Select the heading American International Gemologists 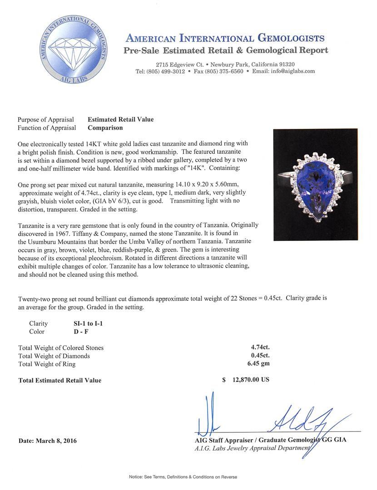(x=225, y=38)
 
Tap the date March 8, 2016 (x=48, y=441)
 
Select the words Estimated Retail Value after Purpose (x=120, y=119)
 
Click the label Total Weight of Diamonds (x=54, y=356)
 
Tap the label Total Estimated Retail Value (x=60, y=380)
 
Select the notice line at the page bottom (x=183, y=477)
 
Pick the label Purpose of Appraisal (x=46, y=119)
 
